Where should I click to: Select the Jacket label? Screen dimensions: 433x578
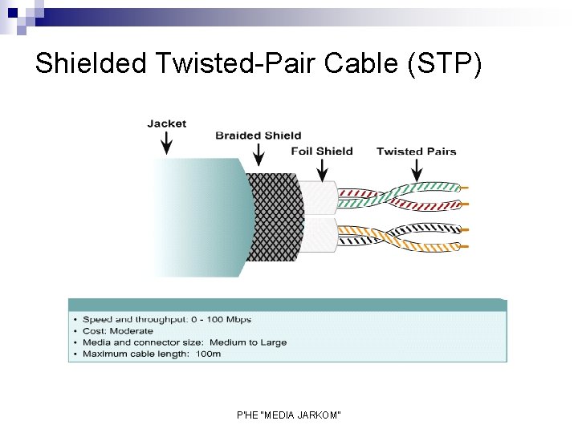166,123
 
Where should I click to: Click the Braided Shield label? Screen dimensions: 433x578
258,136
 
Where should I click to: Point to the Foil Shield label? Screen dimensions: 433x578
321,151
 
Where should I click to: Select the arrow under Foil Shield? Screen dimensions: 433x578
322,168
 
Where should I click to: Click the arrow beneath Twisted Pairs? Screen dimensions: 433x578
416,168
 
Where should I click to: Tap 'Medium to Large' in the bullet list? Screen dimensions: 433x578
248,342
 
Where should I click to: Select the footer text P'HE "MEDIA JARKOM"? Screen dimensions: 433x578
289,415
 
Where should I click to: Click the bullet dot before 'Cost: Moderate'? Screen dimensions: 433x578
75,331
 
